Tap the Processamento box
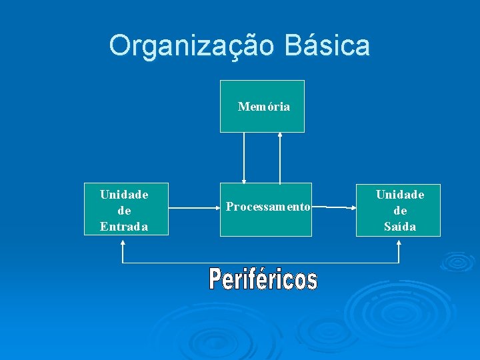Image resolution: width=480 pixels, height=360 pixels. [x=265, y=223]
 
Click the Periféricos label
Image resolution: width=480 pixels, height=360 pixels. [x=263, y=279]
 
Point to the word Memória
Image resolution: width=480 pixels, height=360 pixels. [x=264, y=107]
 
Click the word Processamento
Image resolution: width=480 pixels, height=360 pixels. [x=267, y=207]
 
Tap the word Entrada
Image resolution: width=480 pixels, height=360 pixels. [x=124, y=227]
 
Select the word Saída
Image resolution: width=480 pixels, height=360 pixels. [x=400, y=227]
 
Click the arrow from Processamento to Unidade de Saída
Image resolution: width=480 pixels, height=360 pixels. [x=333, y=208]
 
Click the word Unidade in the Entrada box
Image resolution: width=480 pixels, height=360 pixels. [x=124, y=195]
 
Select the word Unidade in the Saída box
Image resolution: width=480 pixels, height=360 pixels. [x=400, y=195]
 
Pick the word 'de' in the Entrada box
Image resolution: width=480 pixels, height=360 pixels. [x=124, y=211]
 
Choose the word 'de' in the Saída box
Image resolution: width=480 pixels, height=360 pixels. [x=400, y=211]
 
